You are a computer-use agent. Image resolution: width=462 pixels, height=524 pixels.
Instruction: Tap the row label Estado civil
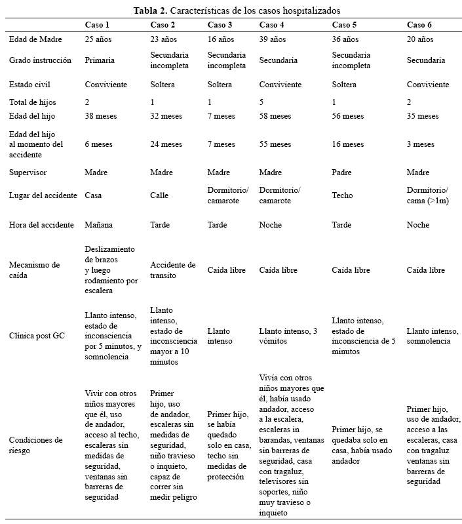[29, 85]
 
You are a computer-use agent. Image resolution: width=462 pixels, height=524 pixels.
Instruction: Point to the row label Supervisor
[28, 172]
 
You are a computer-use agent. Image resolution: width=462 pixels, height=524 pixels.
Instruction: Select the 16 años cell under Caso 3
[221, 39]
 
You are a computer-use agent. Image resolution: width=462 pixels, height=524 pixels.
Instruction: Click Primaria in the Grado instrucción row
[100, 60]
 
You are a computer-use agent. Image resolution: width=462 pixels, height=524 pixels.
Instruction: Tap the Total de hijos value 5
[261, 102]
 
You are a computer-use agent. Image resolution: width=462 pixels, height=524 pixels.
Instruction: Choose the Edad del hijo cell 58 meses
[275, 116]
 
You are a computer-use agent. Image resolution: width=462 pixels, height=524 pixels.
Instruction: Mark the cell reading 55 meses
[275, 144]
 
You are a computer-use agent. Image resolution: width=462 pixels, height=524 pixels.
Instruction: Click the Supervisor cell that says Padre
[343, 172]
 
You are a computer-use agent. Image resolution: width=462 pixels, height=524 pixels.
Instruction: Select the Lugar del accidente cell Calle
[161, 195]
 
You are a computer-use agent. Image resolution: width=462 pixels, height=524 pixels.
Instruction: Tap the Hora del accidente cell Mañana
[99, 225]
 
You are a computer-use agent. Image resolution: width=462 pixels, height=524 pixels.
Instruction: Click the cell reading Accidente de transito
[173, 270]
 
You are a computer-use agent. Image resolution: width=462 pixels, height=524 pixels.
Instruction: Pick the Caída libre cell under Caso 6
[426, 270]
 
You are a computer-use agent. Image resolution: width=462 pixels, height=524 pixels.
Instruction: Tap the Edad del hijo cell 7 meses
[221, 116]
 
